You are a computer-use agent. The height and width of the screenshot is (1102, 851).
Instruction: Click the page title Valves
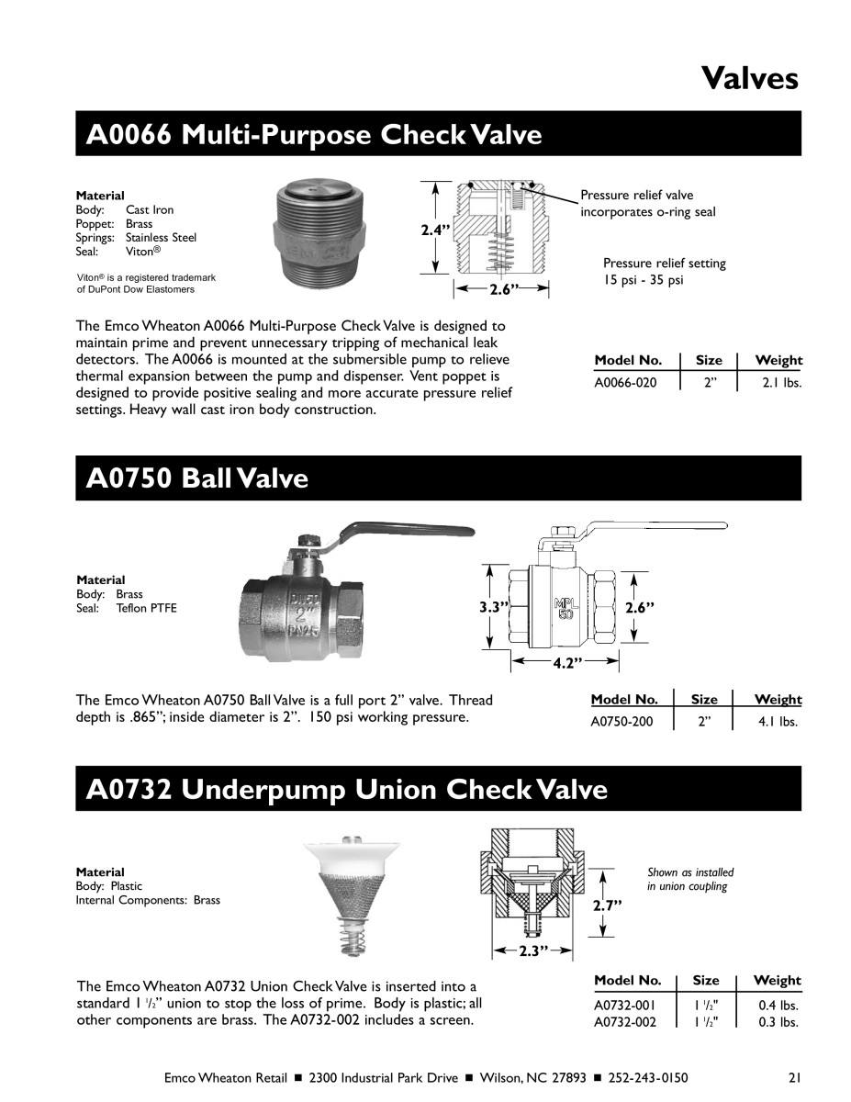click(749, 77)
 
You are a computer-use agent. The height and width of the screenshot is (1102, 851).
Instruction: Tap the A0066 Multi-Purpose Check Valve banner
click(313, 135)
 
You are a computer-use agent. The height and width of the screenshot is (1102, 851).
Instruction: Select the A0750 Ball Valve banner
click(196, 478)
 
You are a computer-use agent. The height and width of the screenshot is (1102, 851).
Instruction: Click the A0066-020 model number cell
click(626, 383)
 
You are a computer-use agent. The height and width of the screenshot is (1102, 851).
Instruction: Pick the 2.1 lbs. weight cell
click(781, 383)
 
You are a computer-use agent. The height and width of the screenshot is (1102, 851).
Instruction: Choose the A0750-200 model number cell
click(622, 722)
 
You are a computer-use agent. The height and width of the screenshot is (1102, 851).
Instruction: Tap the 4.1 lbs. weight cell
click(778, 722)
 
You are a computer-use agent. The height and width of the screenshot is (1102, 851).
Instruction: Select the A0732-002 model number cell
click(625, 1022)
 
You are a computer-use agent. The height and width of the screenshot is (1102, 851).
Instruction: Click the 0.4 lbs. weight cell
click(778, 1006)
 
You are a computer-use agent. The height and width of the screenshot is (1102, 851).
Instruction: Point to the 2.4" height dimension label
click(434, 231)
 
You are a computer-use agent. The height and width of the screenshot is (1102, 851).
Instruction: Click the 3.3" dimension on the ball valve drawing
click(494, 607)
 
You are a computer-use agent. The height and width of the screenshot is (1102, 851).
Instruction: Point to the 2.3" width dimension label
click(528, 951)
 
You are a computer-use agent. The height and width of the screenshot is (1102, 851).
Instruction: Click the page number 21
click(795, 1077)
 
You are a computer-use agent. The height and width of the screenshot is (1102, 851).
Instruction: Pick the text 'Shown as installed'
click(690, 872)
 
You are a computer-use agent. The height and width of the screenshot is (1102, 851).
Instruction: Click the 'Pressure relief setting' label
click(664, 264)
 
